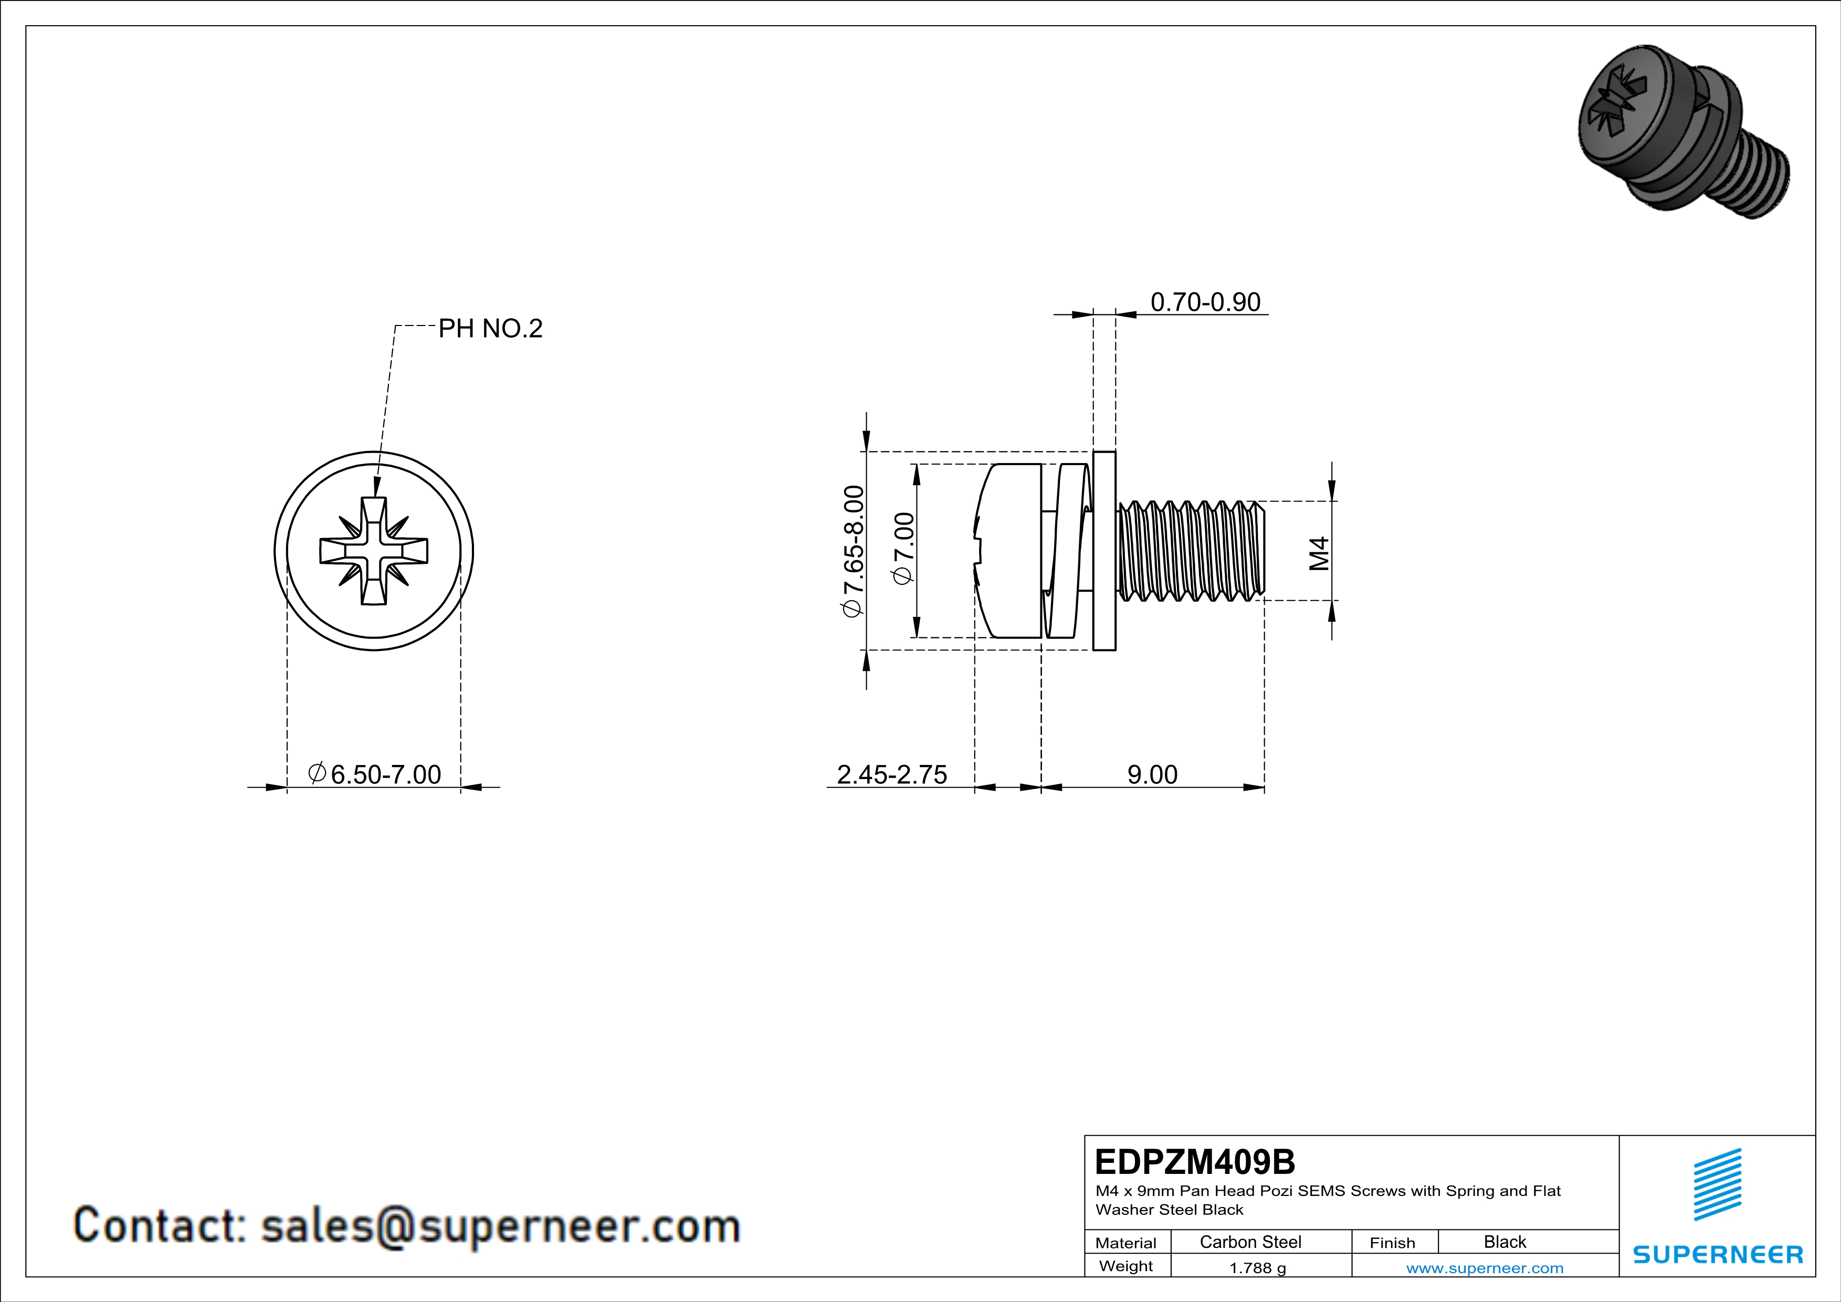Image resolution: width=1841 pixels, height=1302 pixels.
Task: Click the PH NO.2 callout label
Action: pos(490,328)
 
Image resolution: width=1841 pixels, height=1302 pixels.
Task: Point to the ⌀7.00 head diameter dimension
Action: pos(903,549)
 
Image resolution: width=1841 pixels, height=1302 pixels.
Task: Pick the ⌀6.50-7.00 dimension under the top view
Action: pos(374,774)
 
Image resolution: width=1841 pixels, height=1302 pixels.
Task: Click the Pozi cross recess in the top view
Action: pos(374,551)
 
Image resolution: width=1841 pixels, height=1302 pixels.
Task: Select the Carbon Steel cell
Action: pos(1249,1242)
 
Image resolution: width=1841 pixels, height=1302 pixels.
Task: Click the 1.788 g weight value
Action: pos(1257,1267)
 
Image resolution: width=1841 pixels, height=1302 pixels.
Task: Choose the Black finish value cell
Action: pos(1504,1242)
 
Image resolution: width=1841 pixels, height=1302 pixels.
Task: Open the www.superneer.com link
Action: pos(1484,1267)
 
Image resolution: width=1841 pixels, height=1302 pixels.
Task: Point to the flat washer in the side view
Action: pos(1104,551)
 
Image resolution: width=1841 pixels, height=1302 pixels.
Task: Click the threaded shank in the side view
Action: pos(1191,551)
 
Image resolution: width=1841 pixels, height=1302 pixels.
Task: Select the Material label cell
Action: pos(1126,1243)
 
